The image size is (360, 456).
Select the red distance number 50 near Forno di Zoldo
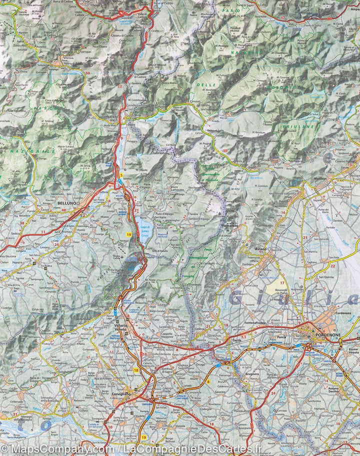[x=88, y=73]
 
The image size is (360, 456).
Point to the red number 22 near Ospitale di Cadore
[x=119, y=86]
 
